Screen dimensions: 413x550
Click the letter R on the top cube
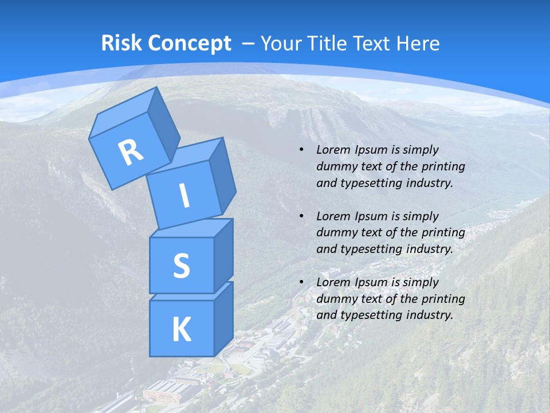[x=131, y=153]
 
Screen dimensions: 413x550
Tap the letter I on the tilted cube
[x=184, y=196]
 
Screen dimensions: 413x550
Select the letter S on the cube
[x=181, y=266]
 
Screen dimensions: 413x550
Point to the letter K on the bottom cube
[x=182, y=329]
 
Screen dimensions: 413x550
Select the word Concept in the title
[x=188, y=44]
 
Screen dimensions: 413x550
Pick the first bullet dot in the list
[x=301, y=150]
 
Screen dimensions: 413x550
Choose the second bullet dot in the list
[x=301, y=216]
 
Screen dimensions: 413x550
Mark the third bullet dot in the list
[x=301, y=282]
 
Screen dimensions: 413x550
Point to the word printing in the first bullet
[x=443, y=166]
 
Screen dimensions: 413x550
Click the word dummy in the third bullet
[x=335, y=299]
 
